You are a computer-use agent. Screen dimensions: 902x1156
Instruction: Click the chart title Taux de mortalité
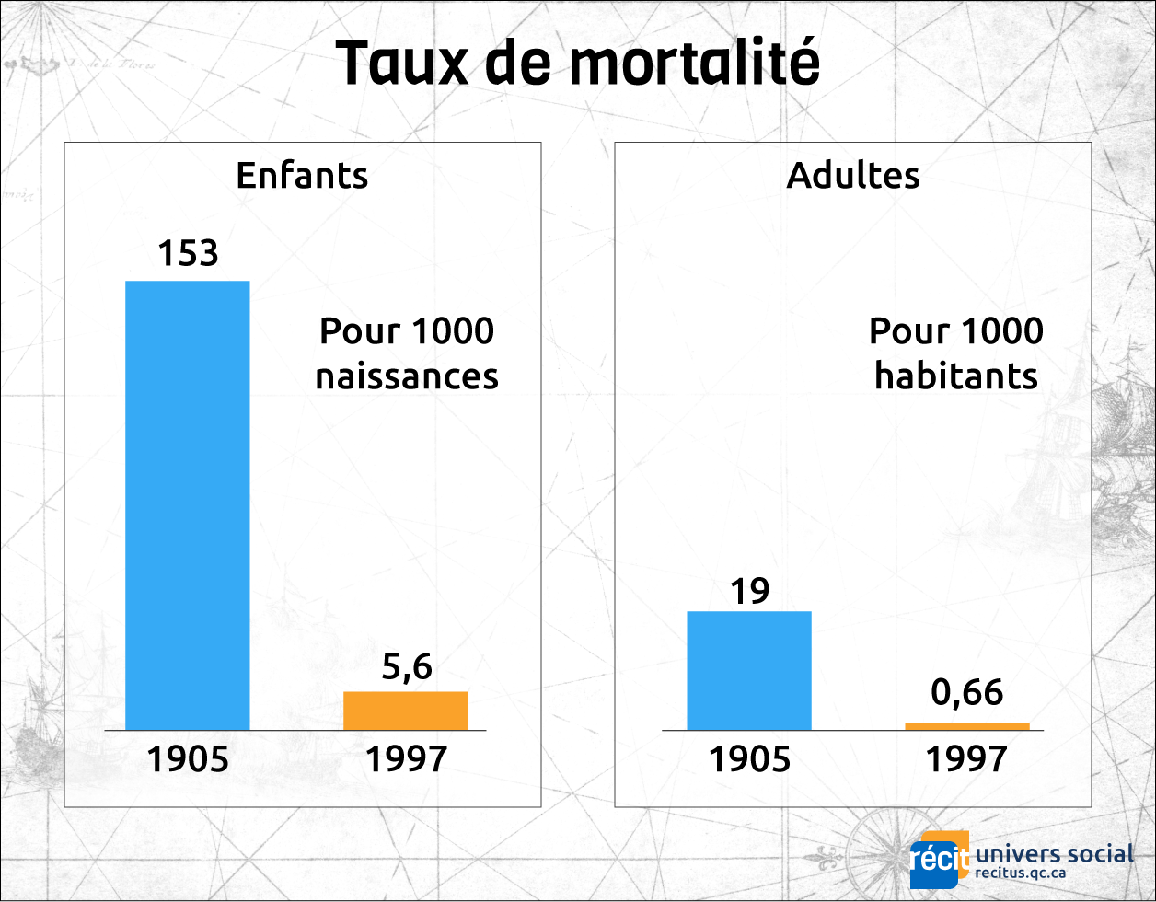pyautogui.click(x=577, y=64)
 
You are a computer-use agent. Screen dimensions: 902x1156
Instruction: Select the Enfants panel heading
pyautogui.click(x=302, y=175)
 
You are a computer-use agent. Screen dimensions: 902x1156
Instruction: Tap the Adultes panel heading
pyautogui.click(x=852, y=175)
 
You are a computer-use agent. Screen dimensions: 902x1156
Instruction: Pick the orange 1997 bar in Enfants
pyautogui.click(x=405, y=711)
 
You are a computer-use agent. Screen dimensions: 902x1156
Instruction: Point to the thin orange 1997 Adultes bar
pyautogui.click(x=966, y=726)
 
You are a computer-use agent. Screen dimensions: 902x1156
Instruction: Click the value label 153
pyautogui.click(x=187, y=253)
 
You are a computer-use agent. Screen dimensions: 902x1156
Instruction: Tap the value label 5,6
pyautogui.click(x=406, y=667)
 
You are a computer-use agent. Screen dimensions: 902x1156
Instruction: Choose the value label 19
pyautogui.click(x=749, y=590)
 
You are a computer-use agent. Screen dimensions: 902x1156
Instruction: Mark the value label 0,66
pyautogui.click(x=966, y=692)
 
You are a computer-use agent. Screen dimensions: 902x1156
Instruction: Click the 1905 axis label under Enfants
pyautogui.click(x=187, y=759)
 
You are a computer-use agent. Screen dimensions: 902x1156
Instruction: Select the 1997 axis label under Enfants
pyautogui.click(x=406, y=759)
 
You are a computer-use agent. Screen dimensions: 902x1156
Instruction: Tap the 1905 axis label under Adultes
pyautogui.click(x=749, y=759)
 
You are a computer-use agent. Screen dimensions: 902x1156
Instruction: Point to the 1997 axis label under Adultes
pyautogui.click(x=966, y=759)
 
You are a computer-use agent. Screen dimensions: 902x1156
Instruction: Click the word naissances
pyautogui.click(x=407, y=376)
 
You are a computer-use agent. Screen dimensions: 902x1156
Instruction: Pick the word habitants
pyautogui.click(x=956, y=376)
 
